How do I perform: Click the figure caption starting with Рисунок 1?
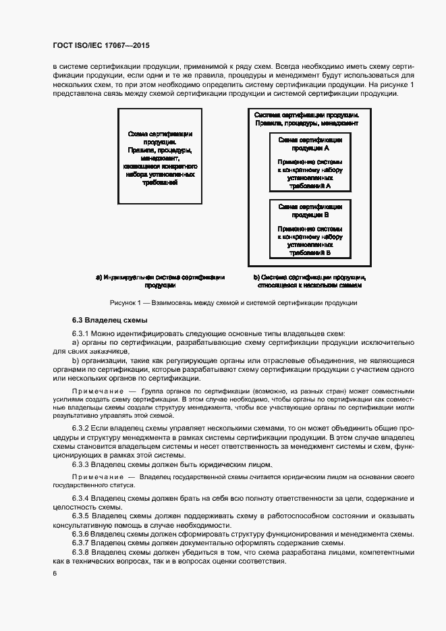coord(233,303)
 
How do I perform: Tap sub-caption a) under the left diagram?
coord(160,281)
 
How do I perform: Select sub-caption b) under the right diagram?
coord(310,281)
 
